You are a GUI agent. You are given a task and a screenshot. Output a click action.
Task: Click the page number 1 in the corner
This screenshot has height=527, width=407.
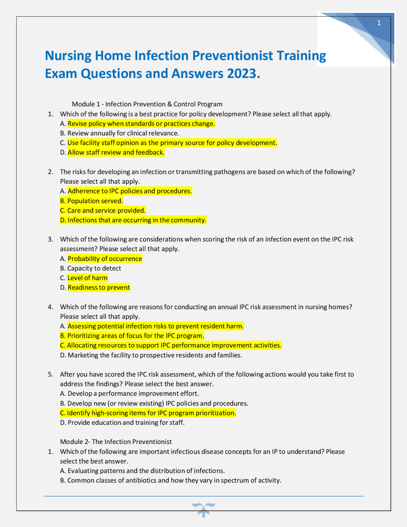click(x=379, y=23)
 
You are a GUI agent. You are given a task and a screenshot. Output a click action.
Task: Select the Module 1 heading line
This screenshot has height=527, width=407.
click(x=147, y=104)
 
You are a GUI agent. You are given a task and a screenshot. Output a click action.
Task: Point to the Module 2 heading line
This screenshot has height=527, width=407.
click(x=116, y=442)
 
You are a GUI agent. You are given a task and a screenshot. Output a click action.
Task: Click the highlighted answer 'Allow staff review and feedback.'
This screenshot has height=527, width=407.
click(x=116, y=152)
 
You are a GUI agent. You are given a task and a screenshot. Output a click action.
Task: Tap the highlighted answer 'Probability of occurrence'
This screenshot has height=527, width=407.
click(x=105, y=259)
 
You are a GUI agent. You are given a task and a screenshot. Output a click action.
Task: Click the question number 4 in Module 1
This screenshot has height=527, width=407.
click(x=50, y=307)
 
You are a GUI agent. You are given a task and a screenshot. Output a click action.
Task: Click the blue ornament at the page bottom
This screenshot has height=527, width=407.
click(x=203, y=509)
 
